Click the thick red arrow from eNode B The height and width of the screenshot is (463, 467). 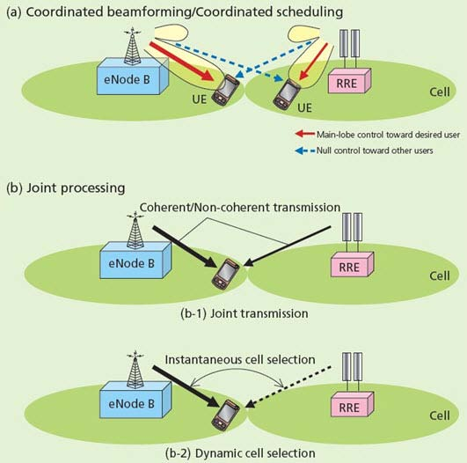[181, 62]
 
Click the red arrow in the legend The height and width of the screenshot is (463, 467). [304, 134]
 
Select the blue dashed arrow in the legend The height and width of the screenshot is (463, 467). [304, 151]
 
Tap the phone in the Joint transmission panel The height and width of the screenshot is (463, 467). [225, 274]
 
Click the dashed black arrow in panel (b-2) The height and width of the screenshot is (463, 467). [288, 387]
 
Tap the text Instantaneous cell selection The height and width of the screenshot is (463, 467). [240, 359]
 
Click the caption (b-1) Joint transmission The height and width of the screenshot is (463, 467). [244, 313]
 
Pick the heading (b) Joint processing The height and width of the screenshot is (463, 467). [66, 188]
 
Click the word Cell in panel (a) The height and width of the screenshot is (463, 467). [440, 92]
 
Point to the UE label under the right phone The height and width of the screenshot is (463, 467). [304, 107]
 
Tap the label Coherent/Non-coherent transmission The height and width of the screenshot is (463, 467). [240, 208]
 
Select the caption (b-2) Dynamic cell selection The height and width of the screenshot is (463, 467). [240, 453]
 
